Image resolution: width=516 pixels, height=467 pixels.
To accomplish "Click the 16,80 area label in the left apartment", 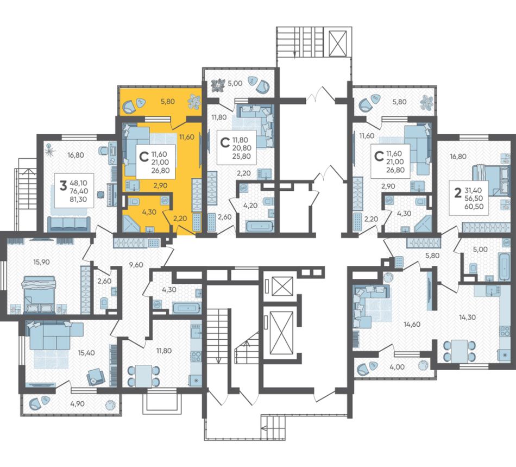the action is coord(75,155).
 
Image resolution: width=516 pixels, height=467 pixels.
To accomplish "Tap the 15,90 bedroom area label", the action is coord(41,262).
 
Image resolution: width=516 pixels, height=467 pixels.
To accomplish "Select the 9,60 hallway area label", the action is coord(136,264).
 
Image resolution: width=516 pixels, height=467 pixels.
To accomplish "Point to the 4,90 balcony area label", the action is coord(78,404).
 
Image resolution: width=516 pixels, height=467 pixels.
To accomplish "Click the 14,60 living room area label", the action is coord(412,324).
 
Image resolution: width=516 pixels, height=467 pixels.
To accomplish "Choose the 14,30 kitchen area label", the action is coord(467,317).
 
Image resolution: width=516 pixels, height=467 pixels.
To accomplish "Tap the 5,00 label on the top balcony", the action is coord(235,83).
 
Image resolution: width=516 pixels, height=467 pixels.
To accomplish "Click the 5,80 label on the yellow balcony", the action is coord(168,102).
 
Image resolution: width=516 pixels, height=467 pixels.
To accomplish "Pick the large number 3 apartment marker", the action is coord(63,186).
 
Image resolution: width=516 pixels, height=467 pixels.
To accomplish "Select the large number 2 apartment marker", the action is coord(457,194).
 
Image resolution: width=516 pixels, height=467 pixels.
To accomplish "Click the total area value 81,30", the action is coord(78,199).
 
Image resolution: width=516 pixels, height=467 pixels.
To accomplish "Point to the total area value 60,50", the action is coord(474,207).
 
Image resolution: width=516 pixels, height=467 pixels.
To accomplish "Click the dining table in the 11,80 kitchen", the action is coord(143,376).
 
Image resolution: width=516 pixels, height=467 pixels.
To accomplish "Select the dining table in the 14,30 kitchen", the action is coord(459,351).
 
